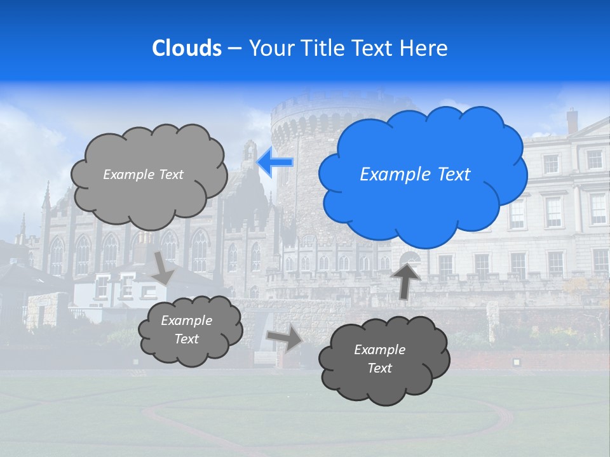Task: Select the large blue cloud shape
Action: (x=423, y=203)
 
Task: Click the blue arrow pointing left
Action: (x=274, y=162)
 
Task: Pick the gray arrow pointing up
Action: (x=406, y=279)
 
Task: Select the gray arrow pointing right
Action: (x=284, y=338)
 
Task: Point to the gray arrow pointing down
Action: (x=163, y=267)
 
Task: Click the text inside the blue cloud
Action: (x=415, y=175)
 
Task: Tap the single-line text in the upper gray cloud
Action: (x=143, y=175)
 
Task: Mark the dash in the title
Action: (x=234, y=48)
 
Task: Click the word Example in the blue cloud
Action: (x=394, y=175)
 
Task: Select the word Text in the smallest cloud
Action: (x=187, y=339)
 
